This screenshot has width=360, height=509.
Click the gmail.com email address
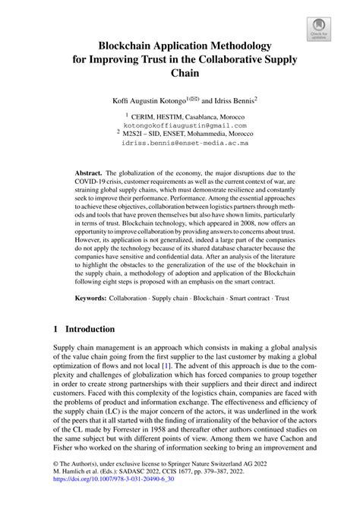point(180,124)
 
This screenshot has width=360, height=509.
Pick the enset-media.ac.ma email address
point(180,142)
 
